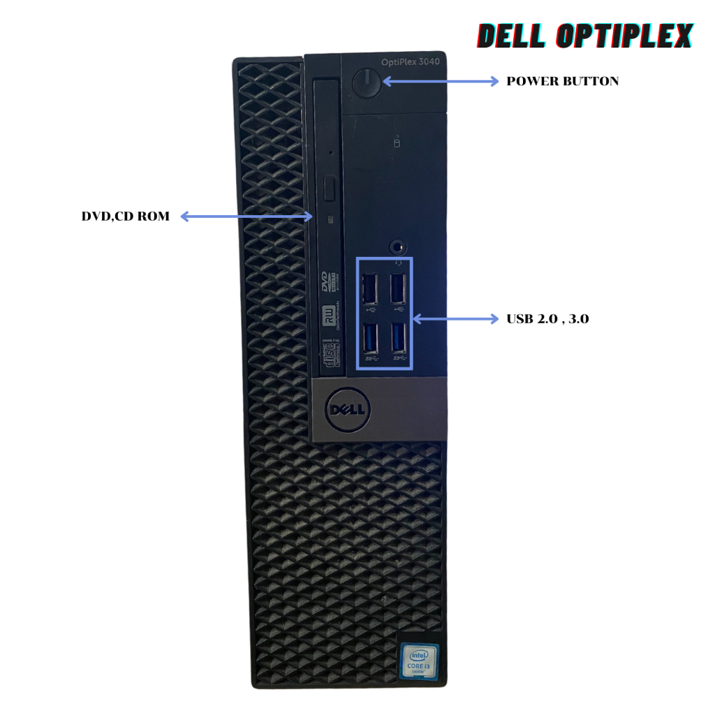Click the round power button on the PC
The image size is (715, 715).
tap(366, 84)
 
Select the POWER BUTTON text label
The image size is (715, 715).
tap(562, 81)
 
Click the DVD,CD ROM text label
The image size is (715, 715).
tap(125, 216)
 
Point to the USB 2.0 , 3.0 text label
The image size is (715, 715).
tap(547, 319)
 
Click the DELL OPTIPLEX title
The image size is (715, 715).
tap(585, 37)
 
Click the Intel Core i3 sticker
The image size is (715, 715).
tap(419, 660)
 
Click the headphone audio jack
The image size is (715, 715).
tap(398, 246)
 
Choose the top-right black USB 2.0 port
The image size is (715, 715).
tap(398, 288)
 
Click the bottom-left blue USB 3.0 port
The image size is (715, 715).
tap(370, 339)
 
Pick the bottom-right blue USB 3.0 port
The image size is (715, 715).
tap(398, 339)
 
